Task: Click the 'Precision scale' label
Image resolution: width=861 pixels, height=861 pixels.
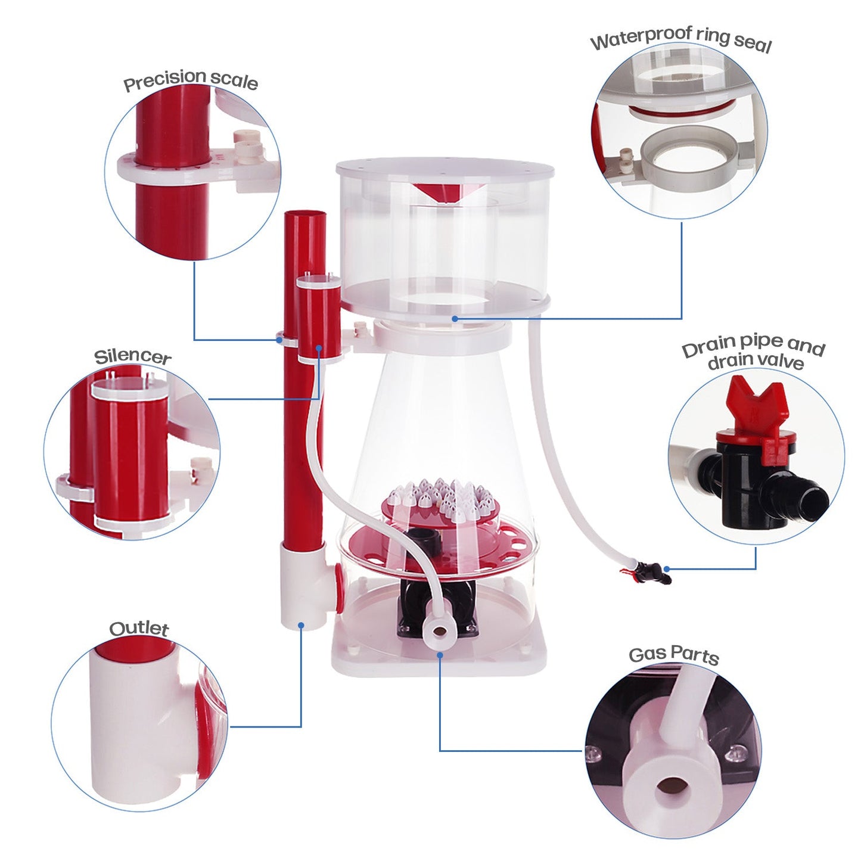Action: click(x=191, y=80)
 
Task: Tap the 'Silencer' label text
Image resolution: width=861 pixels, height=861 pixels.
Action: click(x=133, y=356)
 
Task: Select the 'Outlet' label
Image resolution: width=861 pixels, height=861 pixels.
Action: click(x=139, y=628)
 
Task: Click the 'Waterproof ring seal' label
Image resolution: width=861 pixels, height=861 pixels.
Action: click(x=681, y=40)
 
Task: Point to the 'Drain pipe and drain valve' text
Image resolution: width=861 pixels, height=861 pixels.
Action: click(x=754, y=353)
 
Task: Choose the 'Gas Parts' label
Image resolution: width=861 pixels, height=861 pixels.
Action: click(x=674, y=654)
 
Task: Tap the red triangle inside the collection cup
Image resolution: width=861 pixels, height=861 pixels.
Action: click(x=442, y=192)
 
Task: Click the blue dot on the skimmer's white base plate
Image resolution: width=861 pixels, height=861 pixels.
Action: click(x=440, y=654)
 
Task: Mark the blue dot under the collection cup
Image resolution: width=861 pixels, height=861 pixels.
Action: click(x=455, y=319)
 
